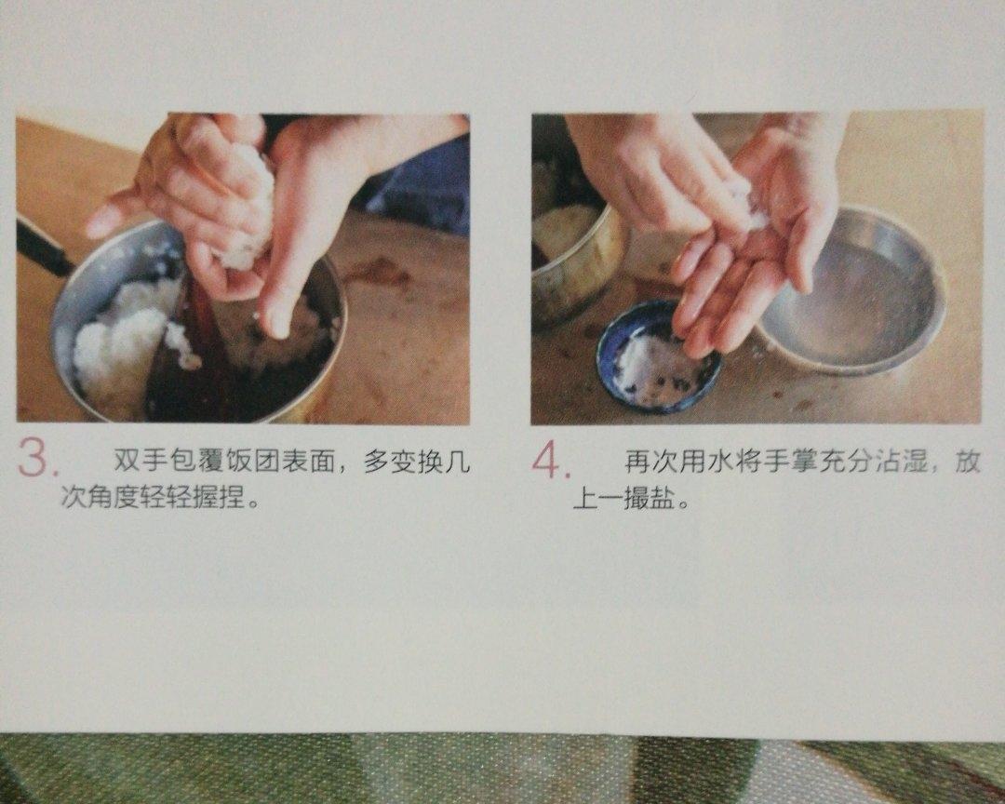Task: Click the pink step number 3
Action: tap(36, 458)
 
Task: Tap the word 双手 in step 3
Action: tap(138, 461)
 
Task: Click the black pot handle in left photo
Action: tap(42, 248)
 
